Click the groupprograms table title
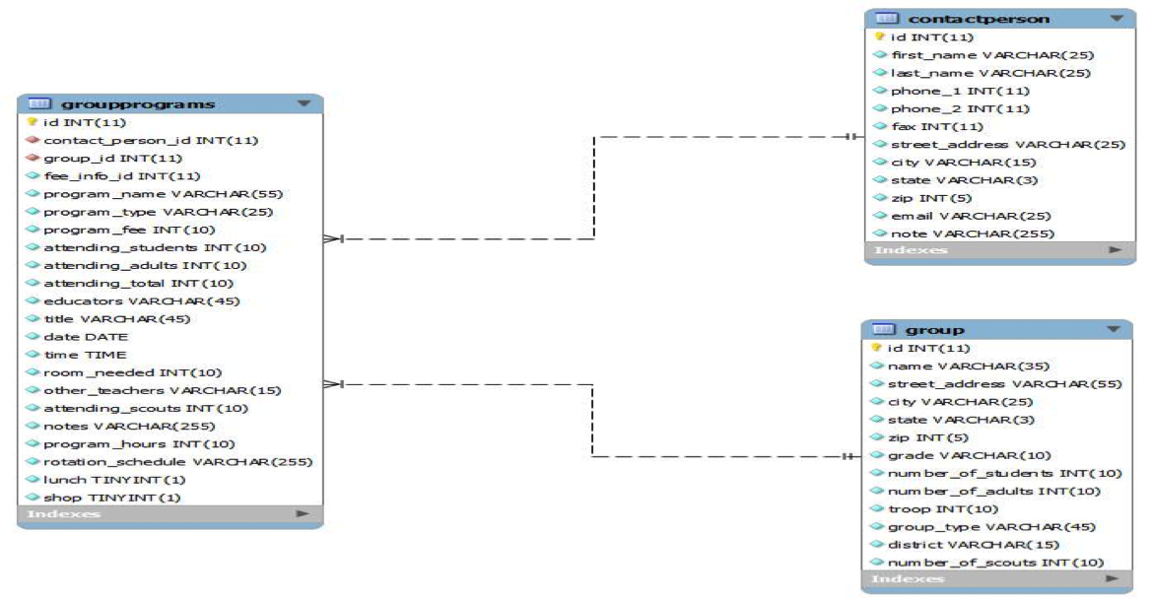point(138,103)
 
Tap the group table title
point(935,329)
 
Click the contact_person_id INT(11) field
point(150,140)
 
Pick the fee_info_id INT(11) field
point(121,175)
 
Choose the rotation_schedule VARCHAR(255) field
point(177,462)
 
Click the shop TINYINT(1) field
point(111,498)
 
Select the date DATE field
point(86,337)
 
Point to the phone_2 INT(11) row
point(946,108)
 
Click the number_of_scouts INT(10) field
point(995,563)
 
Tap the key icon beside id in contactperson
point(880,37)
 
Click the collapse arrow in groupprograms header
point(304,103)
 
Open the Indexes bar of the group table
point(995,580)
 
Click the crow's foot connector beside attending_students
point(333,238)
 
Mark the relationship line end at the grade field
point(852,456)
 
